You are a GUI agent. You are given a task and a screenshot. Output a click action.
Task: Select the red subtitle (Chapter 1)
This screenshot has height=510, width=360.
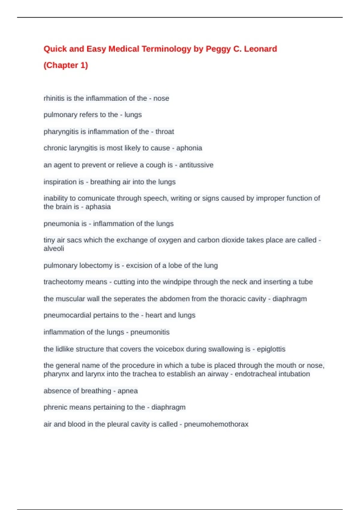coord(66,65)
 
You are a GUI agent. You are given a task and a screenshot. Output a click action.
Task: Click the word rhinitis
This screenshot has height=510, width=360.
coord(54,98)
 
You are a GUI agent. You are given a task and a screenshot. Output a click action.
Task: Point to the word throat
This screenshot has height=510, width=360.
coord(165,132)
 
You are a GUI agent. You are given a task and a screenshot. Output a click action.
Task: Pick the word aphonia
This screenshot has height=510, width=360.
coord(189,148)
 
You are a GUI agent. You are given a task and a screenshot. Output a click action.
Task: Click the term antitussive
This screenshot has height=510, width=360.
coord(196,165)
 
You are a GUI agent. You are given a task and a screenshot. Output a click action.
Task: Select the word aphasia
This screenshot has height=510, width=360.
coord(98,207)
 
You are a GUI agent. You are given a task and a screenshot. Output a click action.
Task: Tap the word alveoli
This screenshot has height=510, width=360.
coord(54,249)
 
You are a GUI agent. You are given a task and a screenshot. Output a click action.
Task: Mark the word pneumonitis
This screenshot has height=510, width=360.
coord(150,332)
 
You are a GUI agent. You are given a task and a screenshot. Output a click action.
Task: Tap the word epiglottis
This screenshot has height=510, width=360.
coord(271,349)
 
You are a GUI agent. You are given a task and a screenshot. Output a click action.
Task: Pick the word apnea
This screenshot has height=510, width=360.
coord(128,391)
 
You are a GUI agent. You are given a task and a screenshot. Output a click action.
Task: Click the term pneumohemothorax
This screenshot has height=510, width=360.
coord(216,424)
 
